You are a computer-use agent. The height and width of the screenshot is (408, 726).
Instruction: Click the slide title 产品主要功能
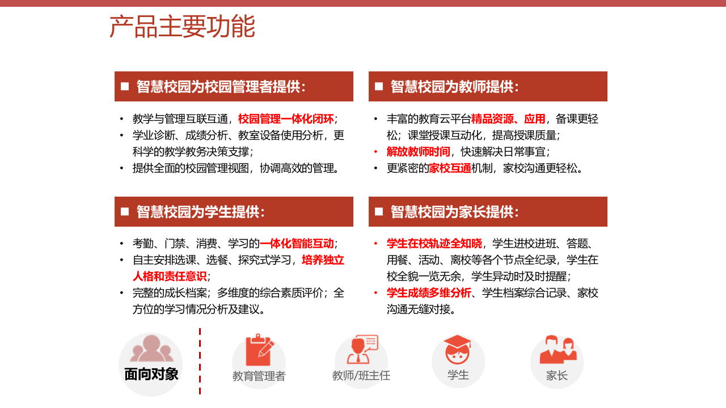click(x=182, y=27)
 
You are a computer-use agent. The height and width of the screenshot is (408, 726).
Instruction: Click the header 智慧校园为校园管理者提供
click(x=221, y=87)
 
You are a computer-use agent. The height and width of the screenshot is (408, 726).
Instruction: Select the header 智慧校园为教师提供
click(x=455, y=87)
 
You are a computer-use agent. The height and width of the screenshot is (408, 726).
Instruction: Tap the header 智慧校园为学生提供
click(x=201, y=212)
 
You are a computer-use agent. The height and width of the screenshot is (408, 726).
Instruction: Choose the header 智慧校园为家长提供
click(x=455, y=212)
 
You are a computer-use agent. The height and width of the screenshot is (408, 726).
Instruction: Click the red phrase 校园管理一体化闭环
click(x=286, y=119)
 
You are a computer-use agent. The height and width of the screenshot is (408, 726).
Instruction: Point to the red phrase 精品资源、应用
click(x=508, y=119)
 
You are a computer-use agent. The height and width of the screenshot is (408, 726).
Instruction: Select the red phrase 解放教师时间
click(x=418, y=152)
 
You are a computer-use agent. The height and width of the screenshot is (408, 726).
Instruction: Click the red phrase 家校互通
click(x=450, y=168)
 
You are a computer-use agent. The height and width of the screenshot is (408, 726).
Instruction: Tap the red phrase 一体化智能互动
click(x=297, y=244)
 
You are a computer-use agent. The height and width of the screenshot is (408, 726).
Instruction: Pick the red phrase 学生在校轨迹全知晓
click(x=434, y=244)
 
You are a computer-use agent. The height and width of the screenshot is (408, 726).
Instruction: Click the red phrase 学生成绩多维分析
click(x=429, y=293)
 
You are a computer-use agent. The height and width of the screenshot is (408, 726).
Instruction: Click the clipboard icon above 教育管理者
click(x=259, y=350)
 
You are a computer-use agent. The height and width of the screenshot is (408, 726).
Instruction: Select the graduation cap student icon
click(x=458, y=349)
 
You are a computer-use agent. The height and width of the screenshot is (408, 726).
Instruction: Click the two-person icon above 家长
click(x=557, y=350)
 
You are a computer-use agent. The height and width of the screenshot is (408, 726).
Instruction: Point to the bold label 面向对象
click(x=151, y=374)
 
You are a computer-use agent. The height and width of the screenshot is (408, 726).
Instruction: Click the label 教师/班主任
click(x=361, y=375)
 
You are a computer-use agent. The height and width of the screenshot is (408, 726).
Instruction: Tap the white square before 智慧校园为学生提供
click(x=125, y=212)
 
